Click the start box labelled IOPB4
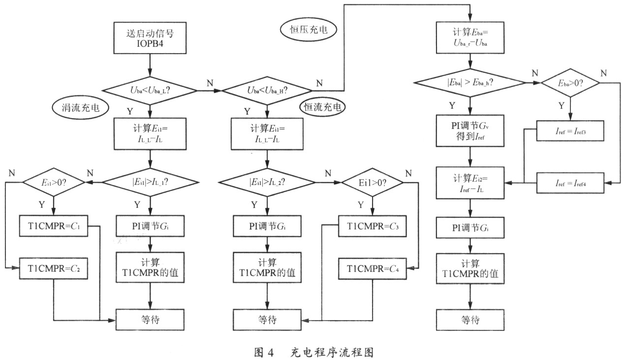point(149,37)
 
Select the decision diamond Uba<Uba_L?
point(149,91)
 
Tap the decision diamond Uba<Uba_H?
point(267,91)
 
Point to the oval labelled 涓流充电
point(80,108)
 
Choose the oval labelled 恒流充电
point(322,106)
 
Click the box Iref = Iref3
point(570,131)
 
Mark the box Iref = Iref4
point(570,183)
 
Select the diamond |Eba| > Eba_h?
point(470,83)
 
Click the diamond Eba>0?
point(570,83)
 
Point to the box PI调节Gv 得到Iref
point(470,131)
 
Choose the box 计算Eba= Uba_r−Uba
point(470,37)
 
